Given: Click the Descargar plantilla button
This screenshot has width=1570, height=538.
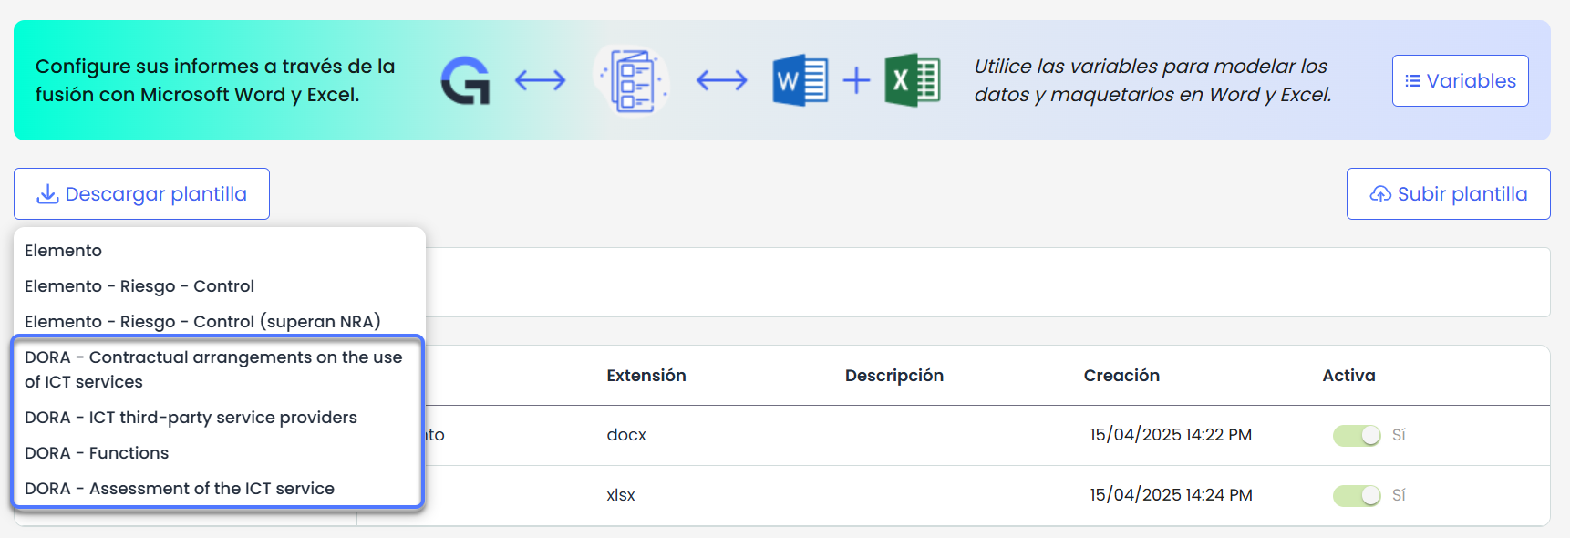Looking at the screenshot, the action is (141, 193).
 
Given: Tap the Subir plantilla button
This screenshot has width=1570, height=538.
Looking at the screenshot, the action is (1448, 193).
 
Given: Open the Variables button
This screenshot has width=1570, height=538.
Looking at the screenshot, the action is (1460, 80).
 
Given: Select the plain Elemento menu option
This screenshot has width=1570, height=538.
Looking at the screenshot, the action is (63, 251).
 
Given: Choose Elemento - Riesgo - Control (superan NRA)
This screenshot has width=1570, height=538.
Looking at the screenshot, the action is (202, 322).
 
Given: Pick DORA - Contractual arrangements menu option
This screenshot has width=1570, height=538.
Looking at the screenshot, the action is (213, 369).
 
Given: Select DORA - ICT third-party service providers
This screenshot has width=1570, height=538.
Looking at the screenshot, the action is (191, 418).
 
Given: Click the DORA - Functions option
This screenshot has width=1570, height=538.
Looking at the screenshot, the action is (97, 453).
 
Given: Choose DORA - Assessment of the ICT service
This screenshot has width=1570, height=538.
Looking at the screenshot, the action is (180, 489).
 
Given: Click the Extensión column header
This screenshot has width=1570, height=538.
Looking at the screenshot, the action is (646, 376).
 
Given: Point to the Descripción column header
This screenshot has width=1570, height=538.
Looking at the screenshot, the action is (894, 376).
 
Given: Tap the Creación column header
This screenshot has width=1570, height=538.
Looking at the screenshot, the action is (1121, 376).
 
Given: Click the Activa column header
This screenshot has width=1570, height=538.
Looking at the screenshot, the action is (1348, 376).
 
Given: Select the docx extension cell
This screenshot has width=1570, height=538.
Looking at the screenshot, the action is (626, 435).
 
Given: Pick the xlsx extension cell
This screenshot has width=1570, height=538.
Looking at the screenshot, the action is (621, 495).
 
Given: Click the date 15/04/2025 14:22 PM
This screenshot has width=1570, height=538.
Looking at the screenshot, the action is (1171, 435).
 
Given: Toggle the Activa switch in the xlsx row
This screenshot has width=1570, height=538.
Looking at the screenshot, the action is (1357, 495).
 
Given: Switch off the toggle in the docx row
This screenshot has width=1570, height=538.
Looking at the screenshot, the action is (1357, 436).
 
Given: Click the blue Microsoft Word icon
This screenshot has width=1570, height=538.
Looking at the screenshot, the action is (800, 80).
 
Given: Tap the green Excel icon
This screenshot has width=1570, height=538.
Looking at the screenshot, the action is (912, 80).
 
